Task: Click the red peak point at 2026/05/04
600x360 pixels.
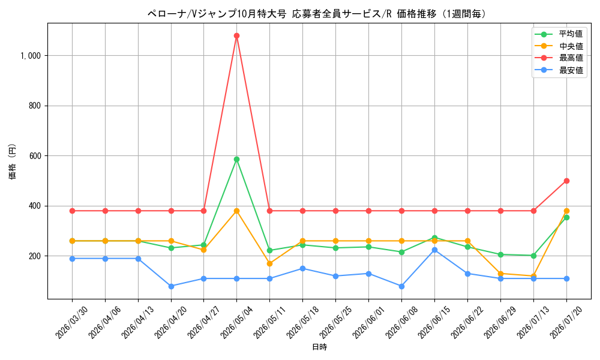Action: pos(236,36)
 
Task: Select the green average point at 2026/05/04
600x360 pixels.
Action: pos(236,159)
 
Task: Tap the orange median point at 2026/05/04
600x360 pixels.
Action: pos(236,211)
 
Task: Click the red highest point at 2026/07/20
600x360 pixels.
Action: pos(566,181)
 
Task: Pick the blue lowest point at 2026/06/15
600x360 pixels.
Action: pos(434,250)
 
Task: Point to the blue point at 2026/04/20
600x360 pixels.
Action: pos(171,286)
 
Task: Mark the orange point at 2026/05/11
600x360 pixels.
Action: pos(269,263)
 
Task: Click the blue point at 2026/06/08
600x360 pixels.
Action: pos(401,286)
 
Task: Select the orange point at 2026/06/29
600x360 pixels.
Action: pos(500,274)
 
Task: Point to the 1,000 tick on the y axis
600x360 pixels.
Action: pos(31,56)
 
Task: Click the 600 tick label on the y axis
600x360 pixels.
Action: pos(35,156)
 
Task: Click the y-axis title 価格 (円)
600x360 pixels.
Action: pos(13,161)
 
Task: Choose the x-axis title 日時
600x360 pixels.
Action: pos(320,347)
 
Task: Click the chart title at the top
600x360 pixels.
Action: pos(317,14)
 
